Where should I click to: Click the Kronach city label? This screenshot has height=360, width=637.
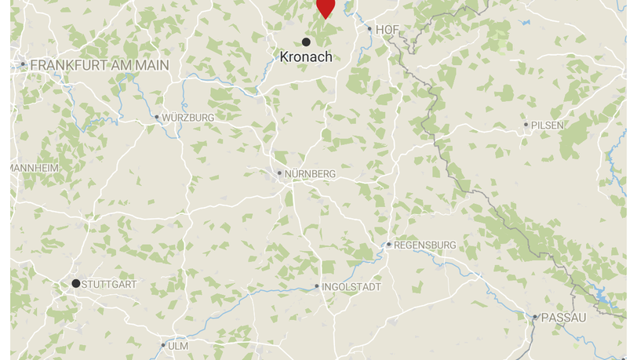[306, 56]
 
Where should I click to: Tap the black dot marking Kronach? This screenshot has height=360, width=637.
[306, 42]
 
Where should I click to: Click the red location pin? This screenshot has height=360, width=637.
[326, 7]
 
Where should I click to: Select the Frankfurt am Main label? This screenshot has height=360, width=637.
[100, 65]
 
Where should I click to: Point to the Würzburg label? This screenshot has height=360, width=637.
[188, 118]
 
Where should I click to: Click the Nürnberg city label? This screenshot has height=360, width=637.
[310, 173]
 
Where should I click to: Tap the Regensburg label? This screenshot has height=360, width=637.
[424, 245]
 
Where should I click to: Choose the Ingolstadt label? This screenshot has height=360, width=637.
[351, 287]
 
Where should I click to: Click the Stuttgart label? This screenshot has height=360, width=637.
[109, 284]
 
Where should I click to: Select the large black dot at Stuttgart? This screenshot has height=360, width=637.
[76, 283]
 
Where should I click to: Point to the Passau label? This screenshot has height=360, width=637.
[563, 318]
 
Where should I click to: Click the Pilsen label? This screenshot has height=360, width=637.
[548, 125]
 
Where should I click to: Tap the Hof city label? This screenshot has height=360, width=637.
[388, 30]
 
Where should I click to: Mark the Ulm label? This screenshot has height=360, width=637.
[178, 346]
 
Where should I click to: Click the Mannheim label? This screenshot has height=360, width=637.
[35, 168]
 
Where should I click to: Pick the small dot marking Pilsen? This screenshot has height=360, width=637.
[526, 125]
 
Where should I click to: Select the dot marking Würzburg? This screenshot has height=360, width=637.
[157, 118]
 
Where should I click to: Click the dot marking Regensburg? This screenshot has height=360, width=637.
[388, 245]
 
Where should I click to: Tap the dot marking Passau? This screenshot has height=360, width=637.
[535, 318]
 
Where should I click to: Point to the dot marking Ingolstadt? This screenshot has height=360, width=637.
[317, 287]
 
